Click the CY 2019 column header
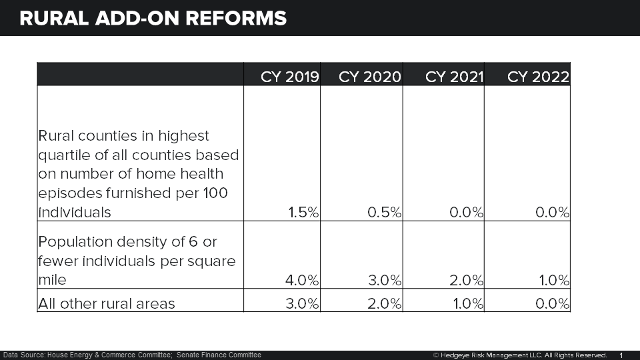pos(290,77)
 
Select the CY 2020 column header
pos(369,77)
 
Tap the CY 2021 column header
pos(454,77)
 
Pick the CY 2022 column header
pos(538,77)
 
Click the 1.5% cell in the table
pos(304,212)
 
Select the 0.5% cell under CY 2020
pos(385,212)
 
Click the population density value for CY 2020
pos(384,280)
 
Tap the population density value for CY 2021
pos(466,280)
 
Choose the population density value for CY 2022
pos(553,280)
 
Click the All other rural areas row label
pos(107,304)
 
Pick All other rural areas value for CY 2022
pos(553,304)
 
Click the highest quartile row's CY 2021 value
pos(465,212)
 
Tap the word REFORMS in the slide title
pos(234,18)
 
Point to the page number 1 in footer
pos(621,355)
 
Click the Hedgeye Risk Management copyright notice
pos(520,355)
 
